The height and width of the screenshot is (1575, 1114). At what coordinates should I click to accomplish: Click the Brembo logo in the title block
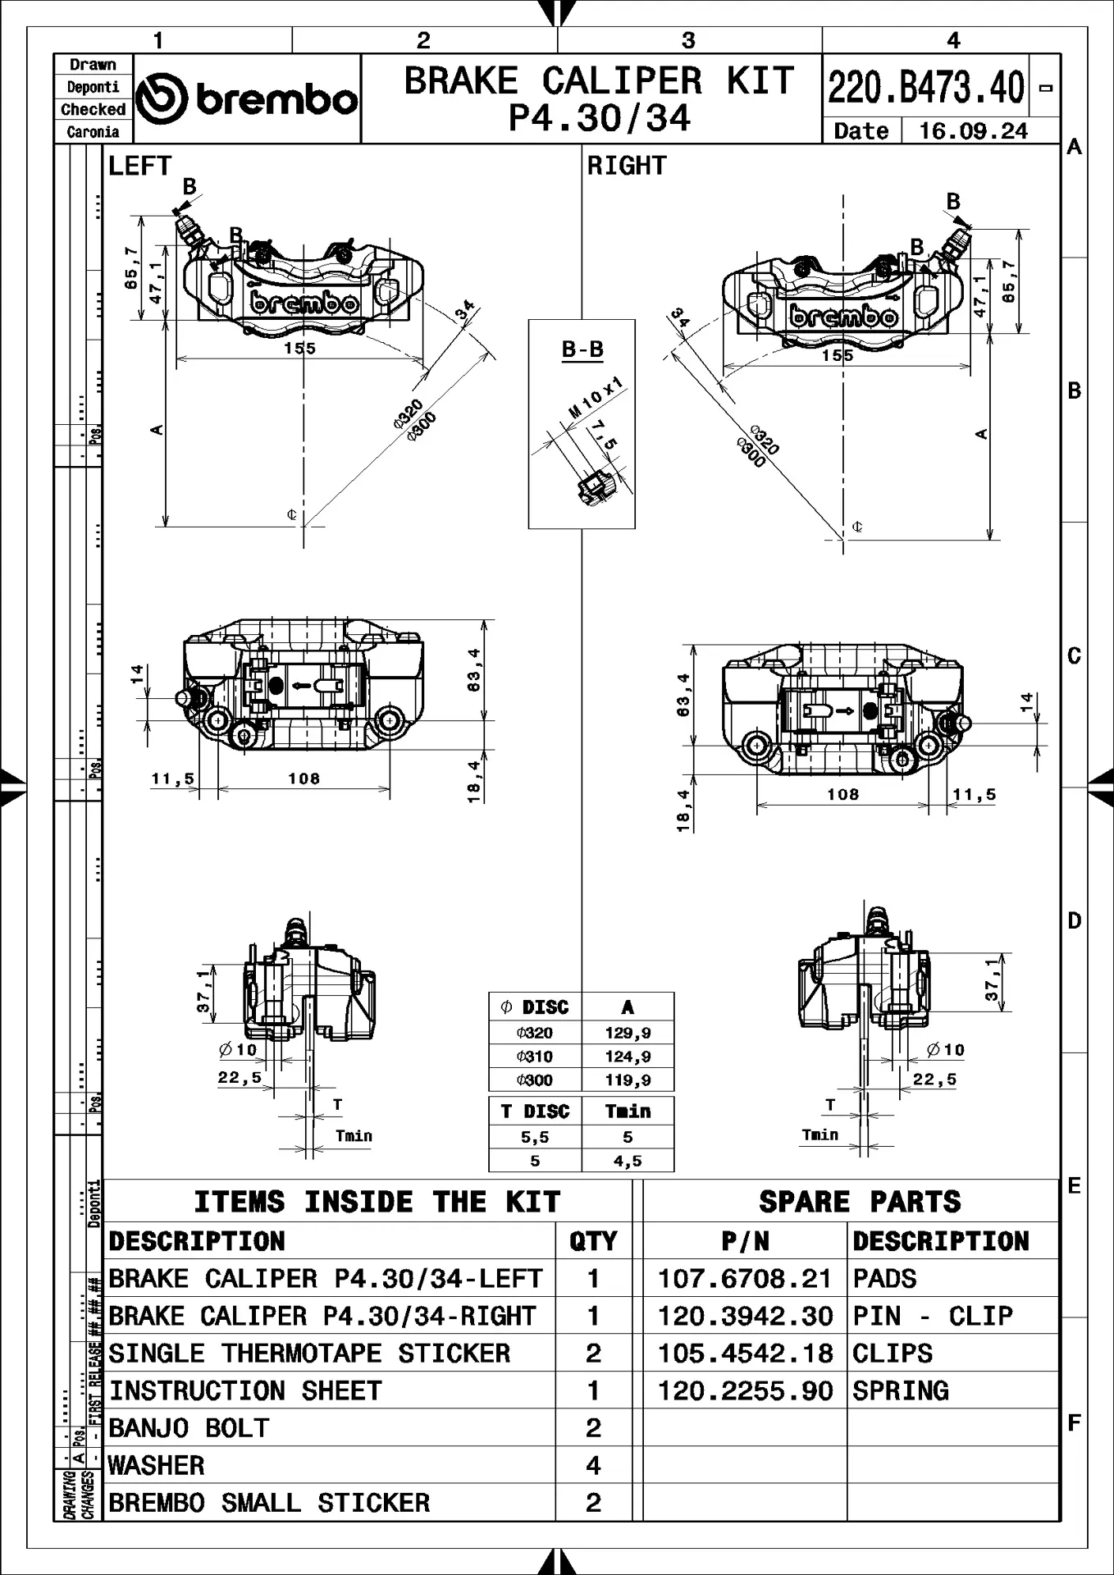coord(246,99)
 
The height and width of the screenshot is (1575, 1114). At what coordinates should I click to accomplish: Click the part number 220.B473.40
coord(926,87)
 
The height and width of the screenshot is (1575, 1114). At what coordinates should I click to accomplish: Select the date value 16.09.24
coord(973,131)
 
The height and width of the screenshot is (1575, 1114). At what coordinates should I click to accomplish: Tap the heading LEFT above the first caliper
coord(139,166)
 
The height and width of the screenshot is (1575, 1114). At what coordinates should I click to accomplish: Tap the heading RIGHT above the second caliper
coord(627,166)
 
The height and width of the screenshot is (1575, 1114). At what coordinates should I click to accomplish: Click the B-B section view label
coord(582,349)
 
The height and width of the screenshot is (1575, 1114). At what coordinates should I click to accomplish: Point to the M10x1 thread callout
coord(596,398)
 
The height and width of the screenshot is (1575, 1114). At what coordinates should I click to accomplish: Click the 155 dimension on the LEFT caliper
coord(300,349)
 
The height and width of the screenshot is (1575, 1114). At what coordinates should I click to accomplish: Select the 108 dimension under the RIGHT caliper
coord(842,794)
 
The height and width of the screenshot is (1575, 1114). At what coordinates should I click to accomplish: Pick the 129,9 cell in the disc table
coord(628,1033)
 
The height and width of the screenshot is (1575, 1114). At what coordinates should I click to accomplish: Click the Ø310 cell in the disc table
coord(535,1057)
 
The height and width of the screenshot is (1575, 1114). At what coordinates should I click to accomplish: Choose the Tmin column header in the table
coord(628,1112)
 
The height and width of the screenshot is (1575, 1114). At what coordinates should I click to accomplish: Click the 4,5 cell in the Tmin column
coord(628,1161)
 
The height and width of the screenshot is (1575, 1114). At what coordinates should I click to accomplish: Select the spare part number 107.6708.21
coord(745,1279)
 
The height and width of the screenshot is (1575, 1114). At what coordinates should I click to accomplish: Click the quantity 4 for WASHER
coord(593,1465)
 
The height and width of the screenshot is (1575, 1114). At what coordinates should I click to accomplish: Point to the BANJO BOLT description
coord(189,1428)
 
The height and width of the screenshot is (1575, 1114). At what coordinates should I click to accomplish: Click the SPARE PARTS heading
coord(859,1202)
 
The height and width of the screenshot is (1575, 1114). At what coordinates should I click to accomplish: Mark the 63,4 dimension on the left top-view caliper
coord(474,670)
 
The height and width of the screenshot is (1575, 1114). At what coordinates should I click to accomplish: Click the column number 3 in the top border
coord(688,40)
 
